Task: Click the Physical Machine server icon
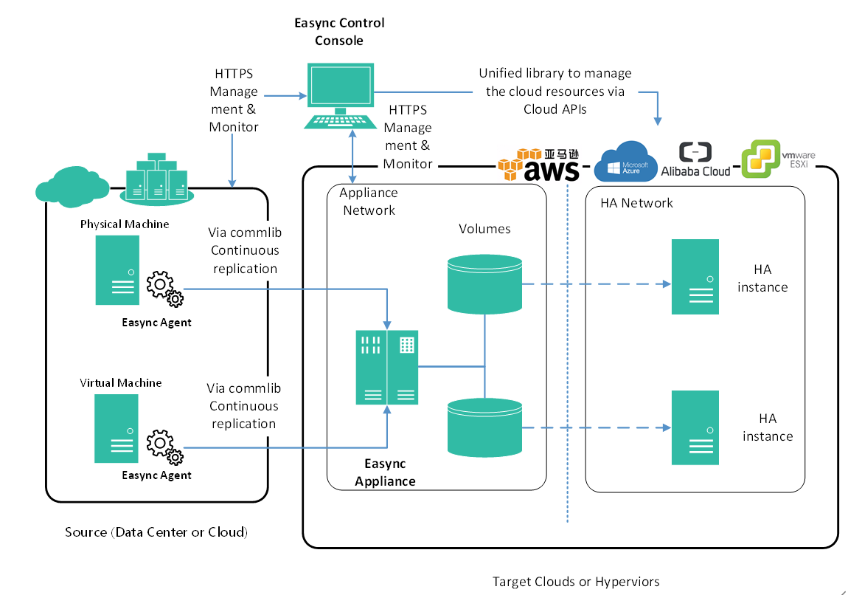pyautogui.click(x=117, y=270)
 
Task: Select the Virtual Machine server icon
pyautogui.click(x=117, y=428)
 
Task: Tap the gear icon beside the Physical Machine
pyautogui.click(x=164, y=289)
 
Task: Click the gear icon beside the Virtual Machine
pyautogui.click(x=164, y=445)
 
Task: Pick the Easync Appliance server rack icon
pyautogui.click(x=386, y=367)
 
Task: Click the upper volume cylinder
pyautogui.click(x=484, y=283)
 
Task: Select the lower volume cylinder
pyautogui.click(x=484, y=426)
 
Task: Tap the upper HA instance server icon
pyautogui.click(x=695, y=277)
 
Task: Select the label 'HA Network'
pyautogui.click(x=636, y=203)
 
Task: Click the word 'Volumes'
pyautogui.click(x=484, y=229)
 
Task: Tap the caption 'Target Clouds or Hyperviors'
pyautogui.click(x=576, y=582)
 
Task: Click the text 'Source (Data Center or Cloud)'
pyautogui.click(x=156, y=532)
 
